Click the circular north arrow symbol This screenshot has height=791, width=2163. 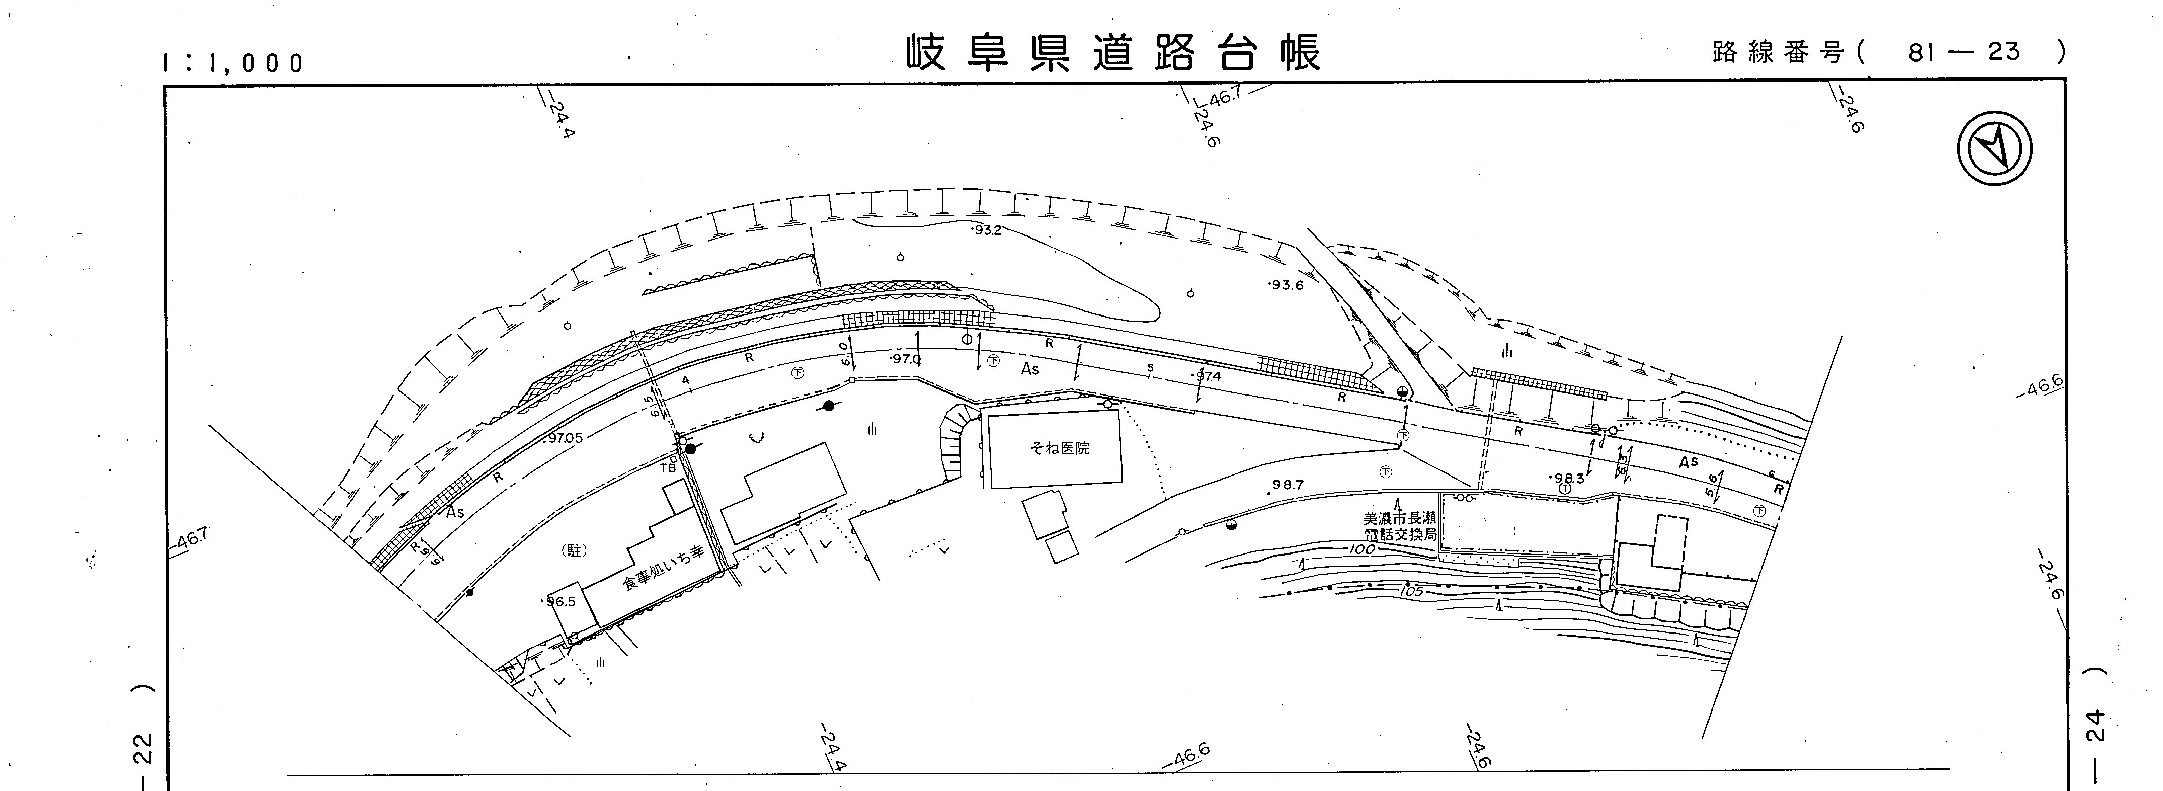click(1994, 149)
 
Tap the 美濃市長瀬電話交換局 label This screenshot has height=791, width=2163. click(1400, 526)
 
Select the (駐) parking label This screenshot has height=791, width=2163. click(575, 551)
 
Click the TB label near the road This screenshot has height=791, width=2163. click(668, 468)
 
